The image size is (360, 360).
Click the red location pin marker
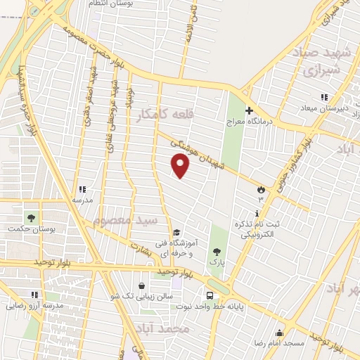tap(181, 166)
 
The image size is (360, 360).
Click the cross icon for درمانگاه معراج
tap(249, 110)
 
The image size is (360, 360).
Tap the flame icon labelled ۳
tap(261, 190)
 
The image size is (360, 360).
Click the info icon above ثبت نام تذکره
tap(257, 213)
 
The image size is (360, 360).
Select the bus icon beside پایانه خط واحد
tap(210, 295)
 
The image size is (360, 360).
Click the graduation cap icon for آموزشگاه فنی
tap(176, 233)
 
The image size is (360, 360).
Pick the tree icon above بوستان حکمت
tap(30, 218)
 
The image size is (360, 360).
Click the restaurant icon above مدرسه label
tap(82, 189)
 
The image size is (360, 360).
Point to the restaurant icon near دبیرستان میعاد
tap(323, 97)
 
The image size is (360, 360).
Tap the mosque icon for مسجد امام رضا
tap(280, 333)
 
